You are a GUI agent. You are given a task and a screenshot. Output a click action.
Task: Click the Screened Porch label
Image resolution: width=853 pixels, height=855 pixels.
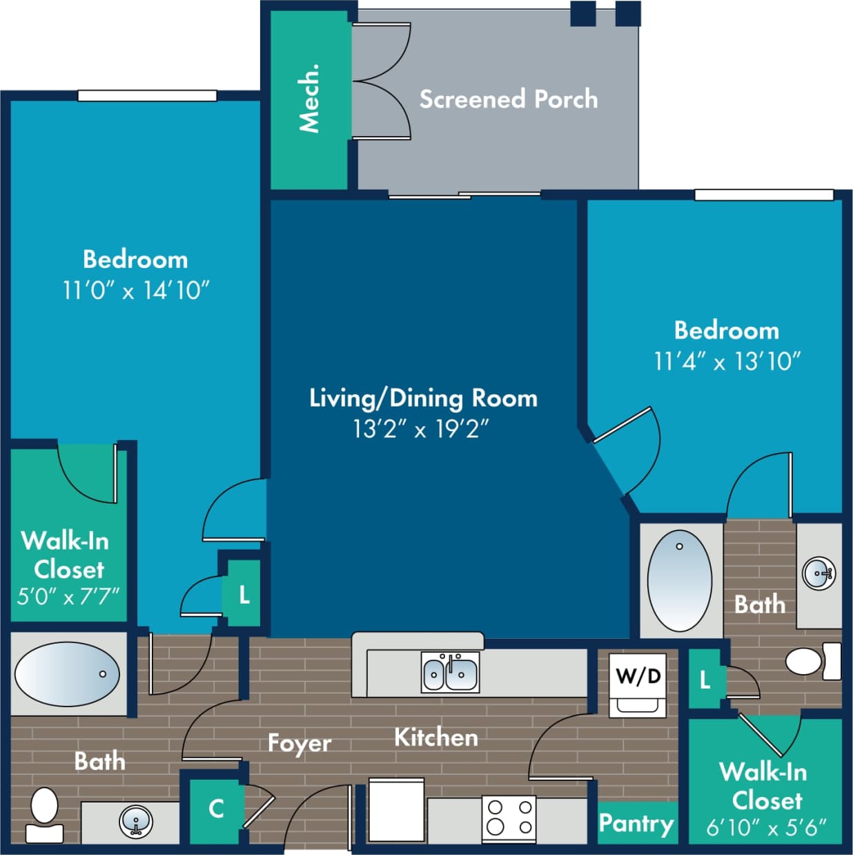(508, 99)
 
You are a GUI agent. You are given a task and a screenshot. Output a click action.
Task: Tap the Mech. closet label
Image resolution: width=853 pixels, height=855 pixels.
(309, 98)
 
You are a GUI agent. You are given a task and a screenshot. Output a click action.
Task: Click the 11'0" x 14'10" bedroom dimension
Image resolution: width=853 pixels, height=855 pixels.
(135, 290)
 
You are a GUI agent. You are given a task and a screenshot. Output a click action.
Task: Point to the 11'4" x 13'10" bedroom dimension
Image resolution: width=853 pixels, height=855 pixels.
(727, 361)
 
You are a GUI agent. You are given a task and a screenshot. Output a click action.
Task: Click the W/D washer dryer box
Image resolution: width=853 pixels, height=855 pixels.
(638, 684)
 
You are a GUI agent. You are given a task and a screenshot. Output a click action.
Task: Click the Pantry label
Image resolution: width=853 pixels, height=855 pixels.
(636, 823)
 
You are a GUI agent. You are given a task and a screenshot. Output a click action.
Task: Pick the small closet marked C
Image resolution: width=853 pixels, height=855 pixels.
(216, 808)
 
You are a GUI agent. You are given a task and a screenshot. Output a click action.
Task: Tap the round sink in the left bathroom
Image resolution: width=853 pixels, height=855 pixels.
(136, 821)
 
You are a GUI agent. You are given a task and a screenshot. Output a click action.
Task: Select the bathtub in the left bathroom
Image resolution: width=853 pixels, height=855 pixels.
(68, 674)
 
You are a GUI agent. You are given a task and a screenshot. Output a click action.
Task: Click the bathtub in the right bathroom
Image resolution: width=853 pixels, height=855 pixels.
(679, 580)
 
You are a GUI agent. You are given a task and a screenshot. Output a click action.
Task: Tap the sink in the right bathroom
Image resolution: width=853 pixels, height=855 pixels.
(819, 573)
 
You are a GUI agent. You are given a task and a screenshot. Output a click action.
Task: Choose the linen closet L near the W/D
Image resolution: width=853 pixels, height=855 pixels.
(705, 680)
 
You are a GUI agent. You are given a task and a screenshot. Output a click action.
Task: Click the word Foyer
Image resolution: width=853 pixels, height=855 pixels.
(299, 743)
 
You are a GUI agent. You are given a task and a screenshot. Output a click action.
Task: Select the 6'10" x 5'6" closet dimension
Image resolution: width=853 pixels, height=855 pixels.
(766, 826)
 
